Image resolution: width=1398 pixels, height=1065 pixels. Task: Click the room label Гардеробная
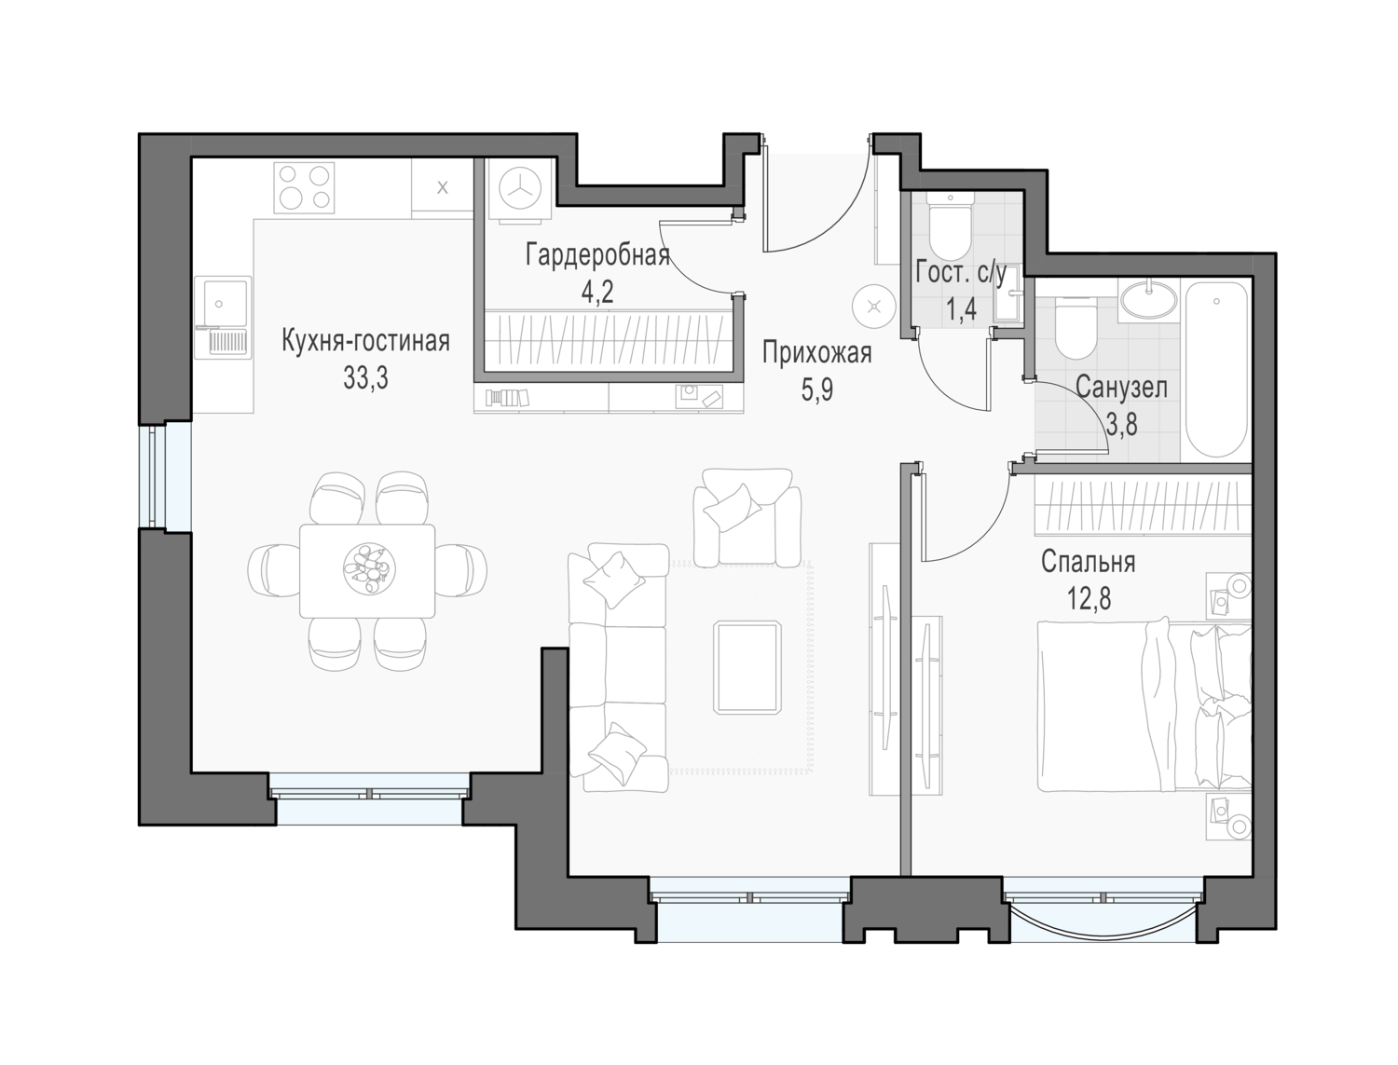pos(597,256)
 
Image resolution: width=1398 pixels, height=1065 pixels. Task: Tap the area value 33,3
pos(365,379)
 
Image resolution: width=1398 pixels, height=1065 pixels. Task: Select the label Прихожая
pos(816,352)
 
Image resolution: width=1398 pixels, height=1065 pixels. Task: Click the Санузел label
pos(1121,388)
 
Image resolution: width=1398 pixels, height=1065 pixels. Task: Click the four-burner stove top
pos(304,187)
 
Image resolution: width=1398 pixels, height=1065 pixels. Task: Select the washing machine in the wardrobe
pos(520,189)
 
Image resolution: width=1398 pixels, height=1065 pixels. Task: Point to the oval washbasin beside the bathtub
pos(1149,299)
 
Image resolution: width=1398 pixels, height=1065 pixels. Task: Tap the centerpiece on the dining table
pos(369,567)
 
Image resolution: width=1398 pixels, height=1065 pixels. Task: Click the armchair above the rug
pos(747,516)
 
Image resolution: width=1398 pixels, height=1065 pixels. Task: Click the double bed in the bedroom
pos(1144,706)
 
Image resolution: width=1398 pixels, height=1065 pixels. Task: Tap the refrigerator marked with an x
pos(442,187)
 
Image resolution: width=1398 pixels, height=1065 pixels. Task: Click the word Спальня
pos(1088,562)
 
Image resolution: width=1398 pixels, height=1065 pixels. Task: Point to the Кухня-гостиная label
pos(365,342)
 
